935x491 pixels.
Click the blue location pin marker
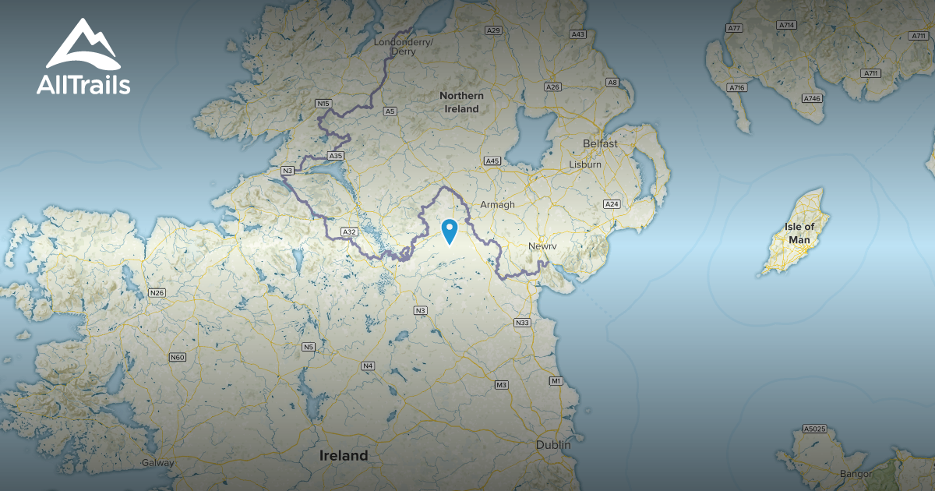click(x=450, y=231)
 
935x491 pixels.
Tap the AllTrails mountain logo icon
click(x=83, y=45)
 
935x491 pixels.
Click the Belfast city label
click(x=600, y=144)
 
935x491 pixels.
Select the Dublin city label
click(x=553, y=444)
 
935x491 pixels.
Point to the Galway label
click(x=157, y=463)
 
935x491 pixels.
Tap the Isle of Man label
click(x=799, y=233)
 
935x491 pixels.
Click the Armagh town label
click(x=497, y=204)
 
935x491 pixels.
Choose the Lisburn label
click(x=585, y=164)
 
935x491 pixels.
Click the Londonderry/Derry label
click(x=404, y=46)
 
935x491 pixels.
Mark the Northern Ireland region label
click(x=461, y=102)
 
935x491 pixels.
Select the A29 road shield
click(x=492, y=30)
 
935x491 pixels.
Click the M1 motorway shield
click(x=556, y=381)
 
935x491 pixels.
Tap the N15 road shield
click(x=323, y=103)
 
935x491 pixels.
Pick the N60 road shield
click(x=178, y=357)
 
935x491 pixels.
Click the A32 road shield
click(x=349, y=231)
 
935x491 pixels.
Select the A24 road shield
click(x=612, y=204)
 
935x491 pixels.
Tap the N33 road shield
click(x=522, y=323)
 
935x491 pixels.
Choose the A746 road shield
click(x=812, y=99)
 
